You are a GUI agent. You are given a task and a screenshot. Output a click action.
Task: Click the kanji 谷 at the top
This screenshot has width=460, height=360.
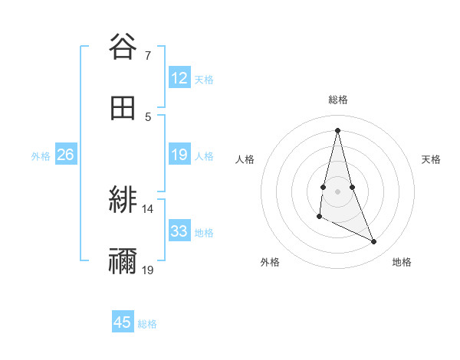click(123, 47)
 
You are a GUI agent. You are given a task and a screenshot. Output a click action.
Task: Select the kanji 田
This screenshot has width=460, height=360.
click(123, 108)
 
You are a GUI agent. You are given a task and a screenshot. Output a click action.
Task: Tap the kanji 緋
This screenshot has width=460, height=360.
click(123, 201)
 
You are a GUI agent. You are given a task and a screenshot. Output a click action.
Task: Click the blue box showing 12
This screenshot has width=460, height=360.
click(179, 78)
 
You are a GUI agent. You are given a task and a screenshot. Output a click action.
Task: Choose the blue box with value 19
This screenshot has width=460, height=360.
click(179, 155)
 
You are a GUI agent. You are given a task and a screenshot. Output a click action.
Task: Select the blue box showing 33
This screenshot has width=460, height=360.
click(179, 231)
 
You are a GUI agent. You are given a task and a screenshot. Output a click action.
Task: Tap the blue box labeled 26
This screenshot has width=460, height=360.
click(65, 155)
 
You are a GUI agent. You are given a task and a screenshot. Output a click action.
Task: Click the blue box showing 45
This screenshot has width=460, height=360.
click(123, 322)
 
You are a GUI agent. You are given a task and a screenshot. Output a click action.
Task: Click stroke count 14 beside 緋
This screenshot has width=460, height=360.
click(148, 209)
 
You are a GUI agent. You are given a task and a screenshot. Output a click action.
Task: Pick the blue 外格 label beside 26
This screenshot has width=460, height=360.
click(41, 155)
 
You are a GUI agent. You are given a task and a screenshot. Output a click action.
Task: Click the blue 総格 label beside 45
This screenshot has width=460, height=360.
click(147, 324)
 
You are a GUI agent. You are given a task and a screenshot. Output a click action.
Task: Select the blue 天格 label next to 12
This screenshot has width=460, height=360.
click(204, 79)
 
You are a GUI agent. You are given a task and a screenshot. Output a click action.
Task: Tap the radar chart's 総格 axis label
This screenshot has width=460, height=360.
click(338, 100)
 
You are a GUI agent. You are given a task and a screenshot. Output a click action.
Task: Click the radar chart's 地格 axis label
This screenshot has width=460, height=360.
click(402, 262)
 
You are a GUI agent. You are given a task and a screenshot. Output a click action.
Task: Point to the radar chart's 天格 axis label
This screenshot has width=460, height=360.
click(431, 159)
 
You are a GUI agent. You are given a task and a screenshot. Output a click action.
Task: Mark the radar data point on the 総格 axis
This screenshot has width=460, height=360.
click(338, 129)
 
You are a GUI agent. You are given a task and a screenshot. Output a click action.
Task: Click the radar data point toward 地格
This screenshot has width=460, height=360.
click(374, 241)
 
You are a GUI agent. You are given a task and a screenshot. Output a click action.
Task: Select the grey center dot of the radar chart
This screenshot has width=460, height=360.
click(338, 191)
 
